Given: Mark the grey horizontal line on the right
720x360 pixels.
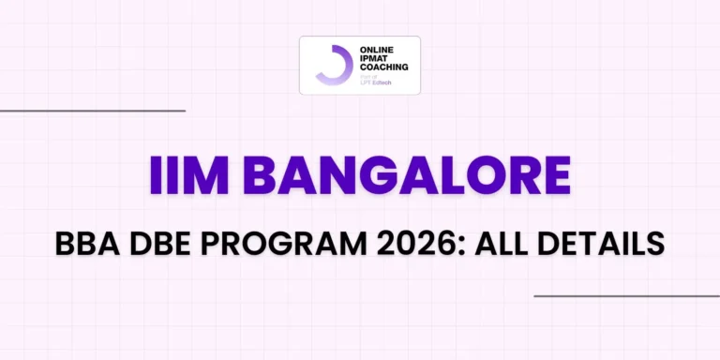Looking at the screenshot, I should [626, 296].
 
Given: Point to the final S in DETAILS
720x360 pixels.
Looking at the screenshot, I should [657, 243].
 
